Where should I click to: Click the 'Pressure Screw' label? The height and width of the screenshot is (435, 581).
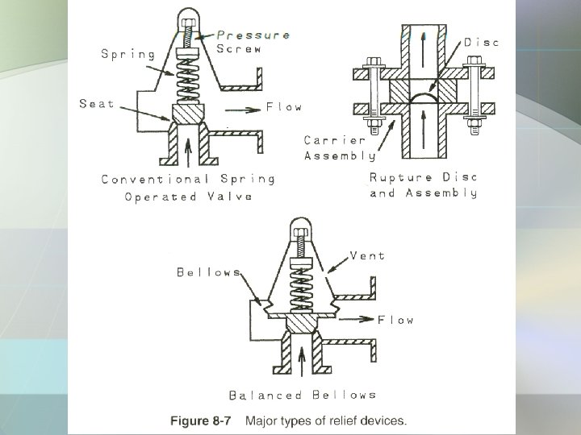tap(253, 42)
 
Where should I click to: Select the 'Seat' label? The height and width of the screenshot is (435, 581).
tap(97, 104)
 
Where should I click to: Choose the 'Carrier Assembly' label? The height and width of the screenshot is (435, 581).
tap(340, 147)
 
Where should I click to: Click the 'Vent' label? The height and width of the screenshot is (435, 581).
tap(367, 256)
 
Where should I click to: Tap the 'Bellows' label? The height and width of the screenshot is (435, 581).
tap(209, 272)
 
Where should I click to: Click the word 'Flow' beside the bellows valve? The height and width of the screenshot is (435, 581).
tap(396, 320)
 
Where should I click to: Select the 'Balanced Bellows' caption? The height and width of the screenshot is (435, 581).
tap(303, 395)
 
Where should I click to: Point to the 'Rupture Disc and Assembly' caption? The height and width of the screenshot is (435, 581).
tap(424, 185)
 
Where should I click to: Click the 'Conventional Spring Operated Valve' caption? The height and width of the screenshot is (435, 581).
tap(188, 187)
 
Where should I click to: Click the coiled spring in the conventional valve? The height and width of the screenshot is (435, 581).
tap(186, 77)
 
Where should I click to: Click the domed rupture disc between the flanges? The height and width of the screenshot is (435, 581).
tap(427, 97)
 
